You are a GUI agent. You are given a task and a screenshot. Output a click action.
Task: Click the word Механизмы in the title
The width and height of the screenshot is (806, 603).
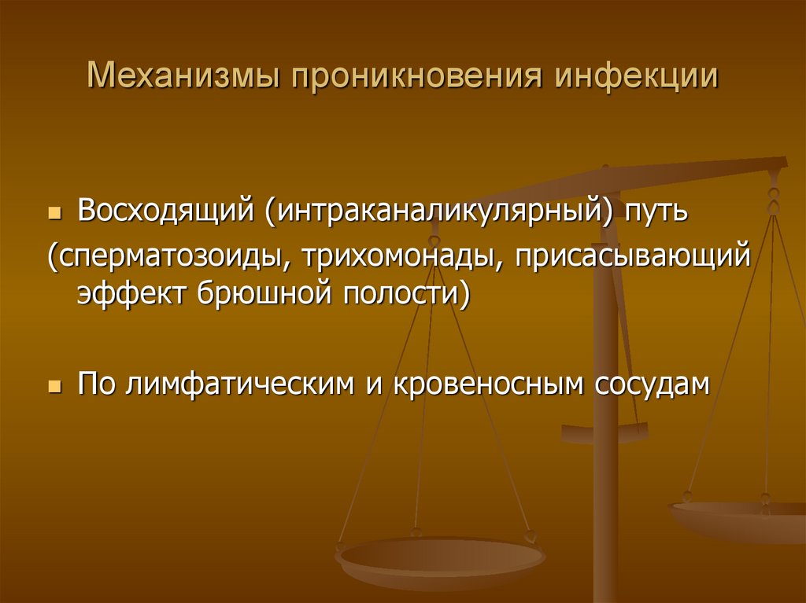click(x=182, y=79)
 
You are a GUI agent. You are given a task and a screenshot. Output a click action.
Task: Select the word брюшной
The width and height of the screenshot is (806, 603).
click(x=261, y=295)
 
